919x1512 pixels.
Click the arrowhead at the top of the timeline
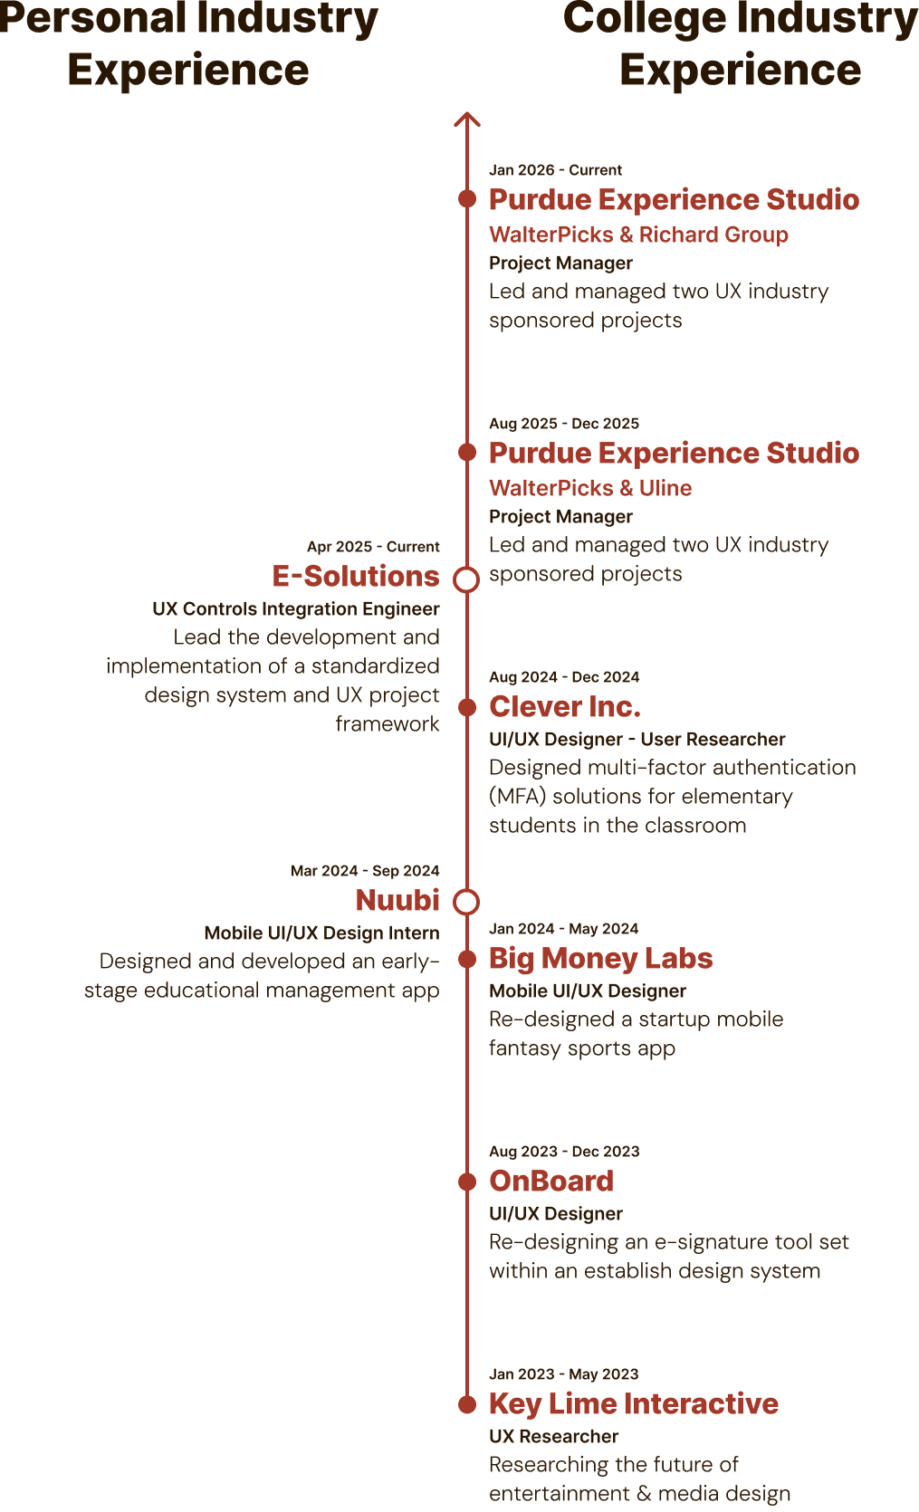[x=467, y=120]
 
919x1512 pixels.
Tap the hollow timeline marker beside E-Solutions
[x=466, y=579]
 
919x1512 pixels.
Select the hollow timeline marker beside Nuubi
[x=466, y=902]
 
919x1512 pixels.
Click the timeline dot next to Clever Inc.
[x=467, y=707]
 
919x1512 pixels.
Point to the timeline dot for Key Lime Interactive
[x=467, y=1404]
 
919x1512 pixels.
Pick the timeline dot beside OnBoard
[x=467, y=1182]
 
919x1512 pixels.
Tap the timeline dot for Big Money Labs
[x=467, y=959]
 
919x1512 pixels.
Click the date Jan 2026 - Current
[x=555, y=170]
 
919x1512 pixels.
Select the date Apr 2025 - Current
[x=373, y=547]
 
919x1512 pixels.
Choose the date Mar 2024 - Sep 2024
[x=365, y=871]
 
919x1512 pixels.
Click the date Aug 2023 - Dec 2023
[x=564, y=1152]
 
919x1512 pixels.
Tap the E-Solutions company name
[x=356, y=576]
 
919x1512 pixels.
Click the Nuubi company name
[x=397, y=900]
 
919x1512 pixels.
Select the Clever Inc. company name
[x=564, y=706]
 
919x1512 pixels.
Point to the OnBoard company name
[x=551, y=1181]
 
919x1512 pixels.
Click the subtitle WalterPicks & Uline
[x=590, y=488]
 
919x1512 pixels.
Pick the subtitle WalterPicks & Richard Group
[x=638, y=234]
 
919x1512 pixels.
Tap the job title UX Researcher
[x=553, y=1436]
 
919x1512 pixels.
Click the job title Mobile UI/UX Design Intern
[x=321, y=933]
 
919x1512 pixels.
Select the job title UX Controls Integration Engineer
[x=296, y=608]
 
